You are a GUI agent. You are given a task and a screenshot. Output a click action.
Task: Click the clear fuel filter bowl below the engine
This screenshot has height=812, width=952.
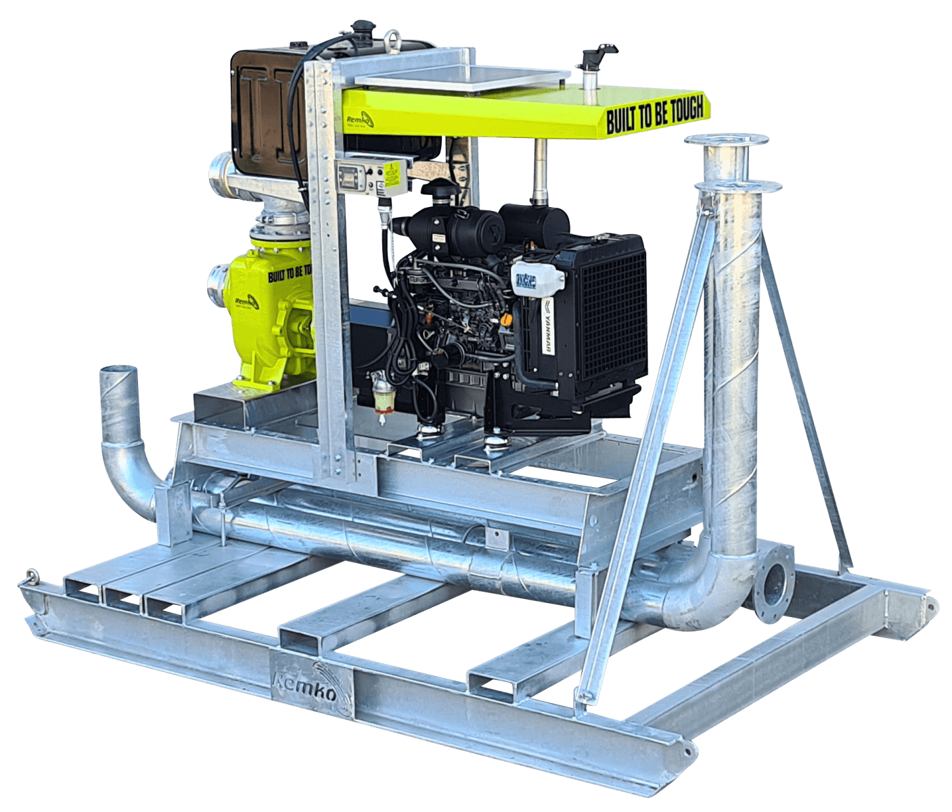pos(384,399)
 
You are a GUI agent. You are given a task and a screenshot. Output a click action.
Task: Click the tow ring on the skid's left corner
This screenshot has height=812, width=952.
pos(29,578)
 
